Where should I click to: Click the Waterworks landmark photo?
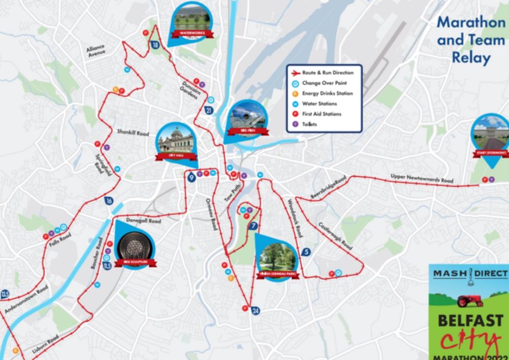click(192, 19)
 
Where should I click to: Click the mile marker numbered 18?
click(155, 45)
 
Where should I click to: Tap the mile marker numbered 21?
click(209, 110)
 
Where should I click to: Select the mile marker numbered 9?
click(192, 178)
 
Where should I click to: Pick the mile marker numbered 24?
click(256, 311)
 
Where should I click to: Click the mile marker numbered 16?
click(108, 201)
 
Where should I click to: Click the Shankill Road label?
click(133, 133)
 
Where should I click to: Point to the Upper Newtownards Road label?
click(422, 178)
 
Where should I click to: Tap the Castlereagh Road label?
click(335, 235)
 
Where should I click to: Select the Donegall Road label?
click(144, 221)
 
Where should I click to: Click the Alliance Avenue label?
click(96, 50)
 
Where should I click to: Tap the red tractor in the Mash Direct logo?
click(469, 301)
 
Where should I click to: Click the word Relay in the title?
click(471, 57)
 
